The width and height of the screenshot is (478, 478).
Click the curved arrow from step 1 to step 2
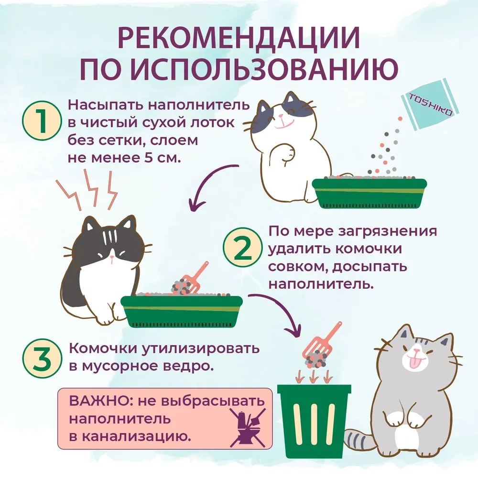click(x=210, y=183)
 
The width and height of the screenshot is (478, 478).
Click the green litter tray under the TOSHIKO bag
click(x=369, y=193)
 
